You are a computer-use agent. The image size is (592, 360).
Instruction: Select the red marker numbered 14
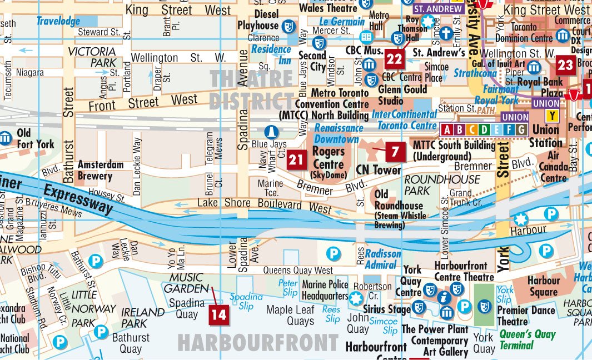tap(219, 315)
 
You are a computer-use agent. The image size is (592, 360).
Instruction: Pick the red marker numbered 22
tap(395, 59)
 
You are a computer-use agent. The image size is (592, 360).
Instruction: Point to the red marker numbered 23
tap(565, 65)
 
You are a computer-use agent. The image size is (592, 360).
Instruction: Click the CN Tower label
tap(379, 170)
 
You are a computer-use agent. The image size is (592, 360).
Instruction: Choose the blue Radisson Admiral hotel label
tap(382, 259)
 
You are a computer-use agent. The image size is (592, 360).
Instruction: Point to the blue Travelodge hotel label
tap(58, 22)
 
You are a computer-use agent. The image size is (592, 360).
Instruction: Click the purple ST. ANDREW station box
tap(438, 9)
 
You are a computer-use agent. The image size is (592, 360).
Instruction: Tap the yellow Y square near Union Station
tap(552, 116)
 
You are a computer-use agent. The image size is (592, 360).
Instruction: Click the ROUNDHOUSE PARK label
tap(442, 185)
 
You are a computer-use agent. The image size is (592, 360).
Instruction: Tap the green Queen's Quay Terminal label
tap(527, 339)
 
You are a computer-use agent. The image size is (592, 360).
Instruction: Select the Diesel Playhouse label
tap(258, 20)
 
